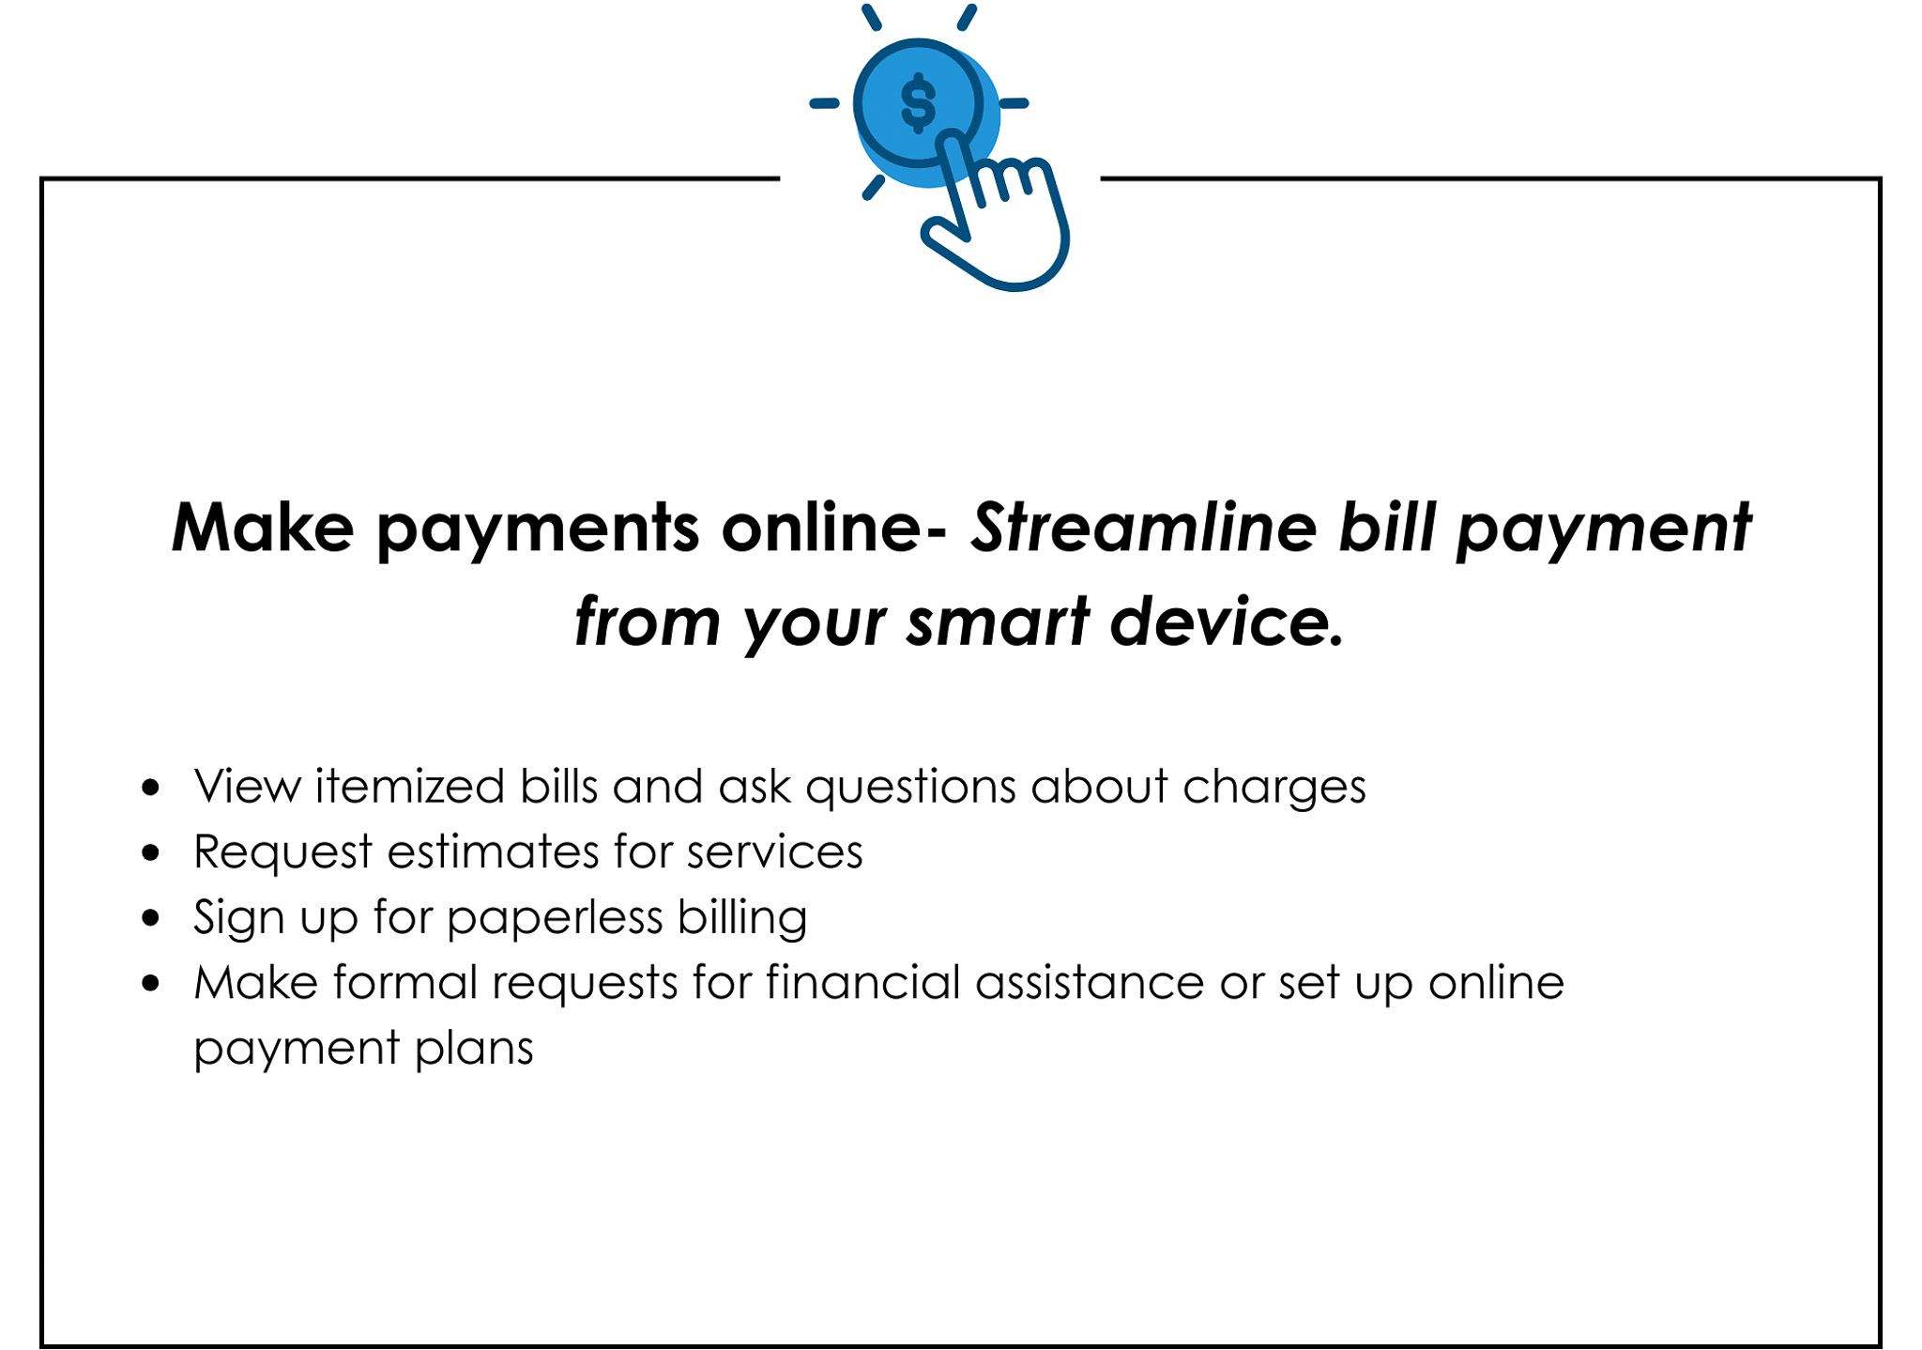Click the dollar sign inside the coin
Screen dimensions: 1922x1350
click(x=918, y=103)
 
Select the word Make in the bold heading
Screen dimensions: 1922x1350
click(x=263, y=527)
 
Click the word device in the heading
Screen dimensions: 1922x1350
click(x=1228, y=621)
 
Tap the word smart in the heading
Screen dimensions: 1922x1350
click(x=998, y=621)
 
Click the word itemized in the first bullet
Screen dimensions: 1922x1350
click(x=410, y=786)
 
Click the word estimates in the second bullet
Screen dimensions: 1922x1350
click(x=494, y=852)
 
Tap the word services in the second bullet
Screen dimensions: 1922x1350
click(x=774, y=852)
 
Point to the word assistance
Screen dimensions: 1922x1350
click(x=1090, y=982)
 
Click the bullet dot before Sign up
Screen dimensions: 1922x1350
click(x=151, y=917)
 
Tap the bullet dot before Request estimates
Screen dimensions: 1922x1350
click(x=151, y=852)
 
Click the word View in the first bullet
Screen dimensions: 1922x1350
click(x=247, y=786)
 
